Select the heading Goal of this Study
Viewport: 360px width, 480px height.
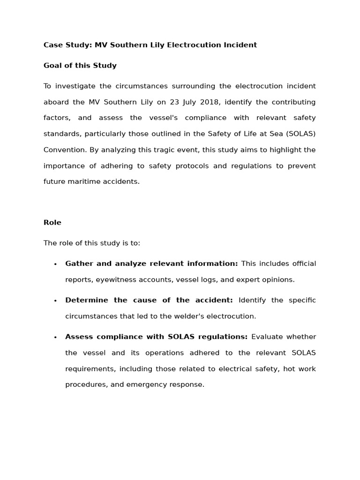80,66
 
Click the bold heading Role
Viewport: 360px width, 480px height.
52,223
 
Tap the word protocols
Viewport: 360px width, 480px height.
192,166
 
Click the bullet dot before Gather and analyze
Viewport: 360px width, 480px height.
55,264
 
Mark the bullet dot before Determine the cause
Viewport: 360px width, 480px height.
55,301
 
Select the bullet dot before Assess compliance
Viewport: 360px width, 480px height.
55,337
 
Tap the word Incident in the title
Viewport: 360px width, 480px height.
240,45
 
